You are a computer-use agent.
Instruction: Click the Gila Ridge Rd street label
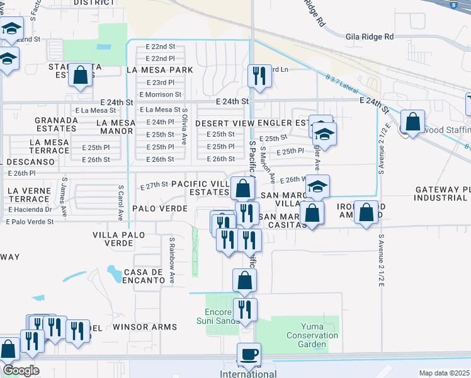coord(369,37)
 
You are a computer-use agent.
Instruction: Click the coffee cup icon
coord(248,354)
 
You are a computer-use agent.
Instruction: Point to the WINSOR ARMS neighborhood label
coord(145,327)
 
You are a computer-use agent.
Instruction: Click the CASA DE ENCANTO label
coord(149,275)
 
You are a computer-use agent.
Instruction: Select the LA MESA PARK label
coord(159,70)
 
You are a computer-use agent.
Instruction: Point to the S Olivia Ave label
coord(184,129)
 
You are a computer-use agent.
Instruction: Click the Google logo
coord(20,370)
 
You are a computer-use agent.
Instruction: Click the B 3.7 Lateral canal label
coord(346,84)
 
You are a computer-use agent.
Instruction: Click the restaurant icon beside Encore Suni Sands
coord(244,309)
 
